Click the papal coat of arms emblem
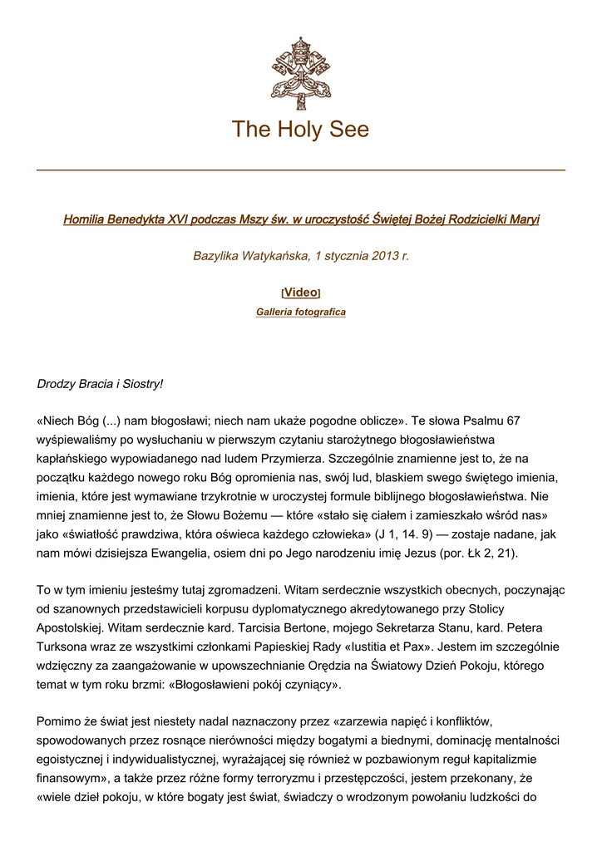(300, 73)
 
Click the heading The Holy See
(300, 130)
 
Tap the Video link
(300, 293)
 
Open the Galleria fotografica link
(300, 312)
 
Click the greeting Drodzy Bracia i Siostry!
(101, 384)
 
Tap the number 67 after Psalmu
(512, 421)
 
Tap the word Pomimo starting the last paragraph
(59, 720)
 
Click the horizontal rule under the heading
(301, 170)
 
